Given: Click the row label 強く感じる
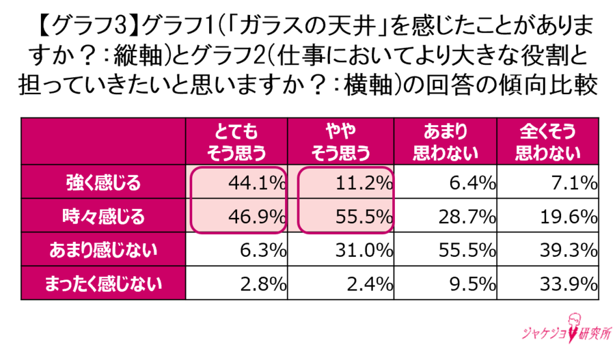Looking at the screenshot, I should click(x=103, y=183).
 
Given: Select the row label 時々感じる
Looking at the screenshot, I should click(x=103, y=217).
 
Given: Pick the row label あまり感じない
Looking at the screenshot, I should click(x=103, y=250).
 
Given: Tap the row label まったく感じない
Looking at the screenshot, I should click(x=103, y=283).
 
